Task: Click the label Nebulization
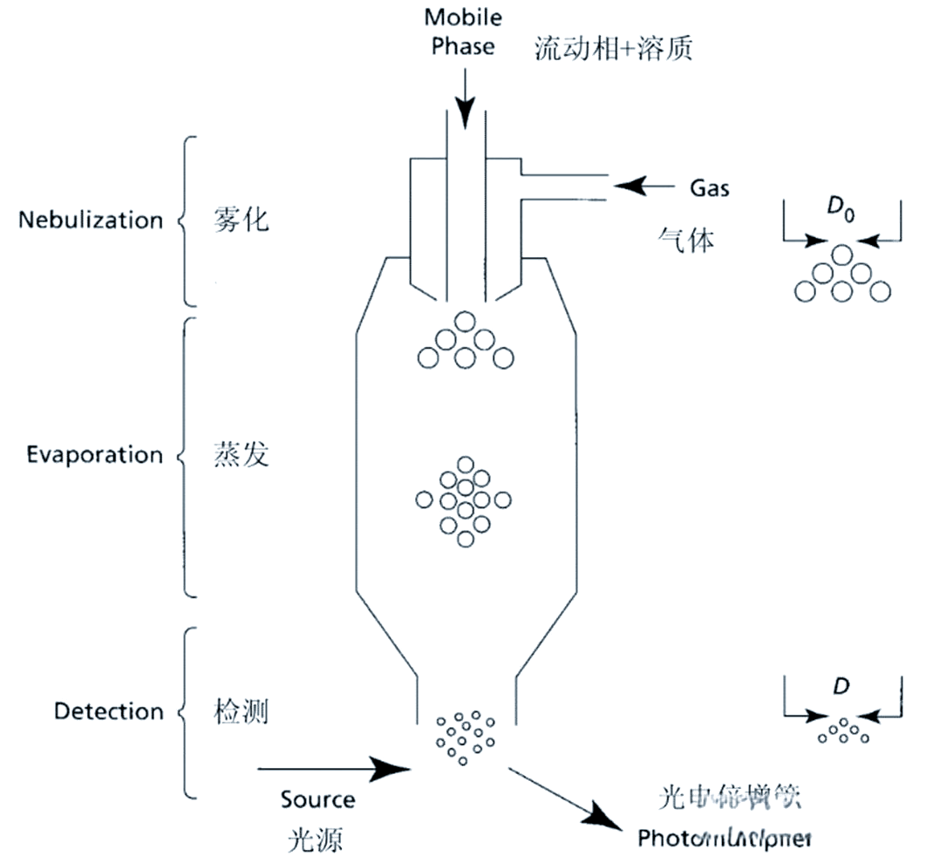[91, 220]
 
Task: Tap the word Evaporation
[94, 455]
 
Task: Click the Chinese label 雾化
[242, 220]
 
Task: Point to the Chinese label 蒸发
[242, 455]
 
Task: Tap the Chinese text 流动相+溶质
[614, 49]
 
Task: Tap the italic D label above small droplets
[841, 687]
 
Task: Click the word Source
[317, 799]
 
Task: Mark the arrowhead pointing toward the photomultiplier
[610, 821]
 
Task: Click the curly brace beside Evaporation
[183, 455]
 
